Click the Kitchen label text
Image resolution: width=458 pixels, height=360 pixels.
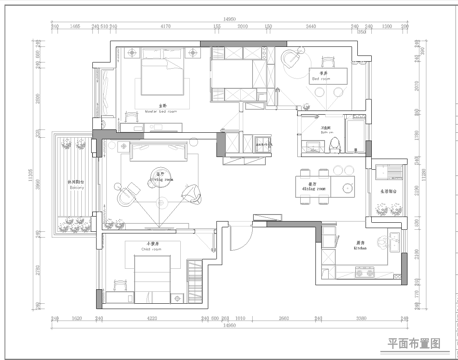pyautogui.click(x=359, y=245)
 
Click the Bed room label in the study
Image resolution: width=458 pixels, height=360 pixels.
pyautogui.click(x=323, y=75)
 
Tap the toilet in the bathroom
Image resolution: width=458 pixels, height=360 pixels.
pyautogui.click(x=335, y=144)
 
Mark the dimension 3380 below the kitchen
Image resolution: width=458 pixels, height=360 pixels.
pyautogui.click(x=360, y=318)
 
